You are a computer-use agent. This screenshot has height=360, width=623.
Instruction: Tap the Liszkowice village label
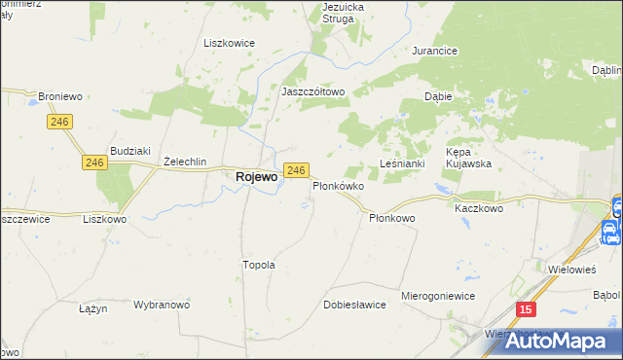(228, 43)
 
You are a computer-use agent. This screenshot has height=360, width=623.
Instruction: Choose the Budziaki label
(129, 150)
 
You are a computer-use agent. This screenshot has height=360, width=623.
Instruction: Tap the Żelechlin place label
(185, 162)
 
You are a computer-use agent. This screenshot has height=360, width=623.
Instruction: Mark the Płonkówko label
(338, 185)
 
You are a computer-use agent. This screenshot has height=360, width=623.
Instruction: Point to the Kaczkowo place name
(479, 208)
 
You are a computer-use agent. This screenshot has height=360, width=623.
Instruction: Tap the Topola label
(258, 264)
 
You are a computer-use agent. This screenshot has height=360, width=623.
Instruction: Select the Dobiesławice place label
(354, 305)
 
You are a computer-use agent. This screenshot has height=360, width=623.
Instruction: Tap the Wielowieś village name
(572, 269)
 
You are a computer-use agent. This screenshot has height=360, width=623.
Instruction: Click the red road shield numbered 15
(526, 308)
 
